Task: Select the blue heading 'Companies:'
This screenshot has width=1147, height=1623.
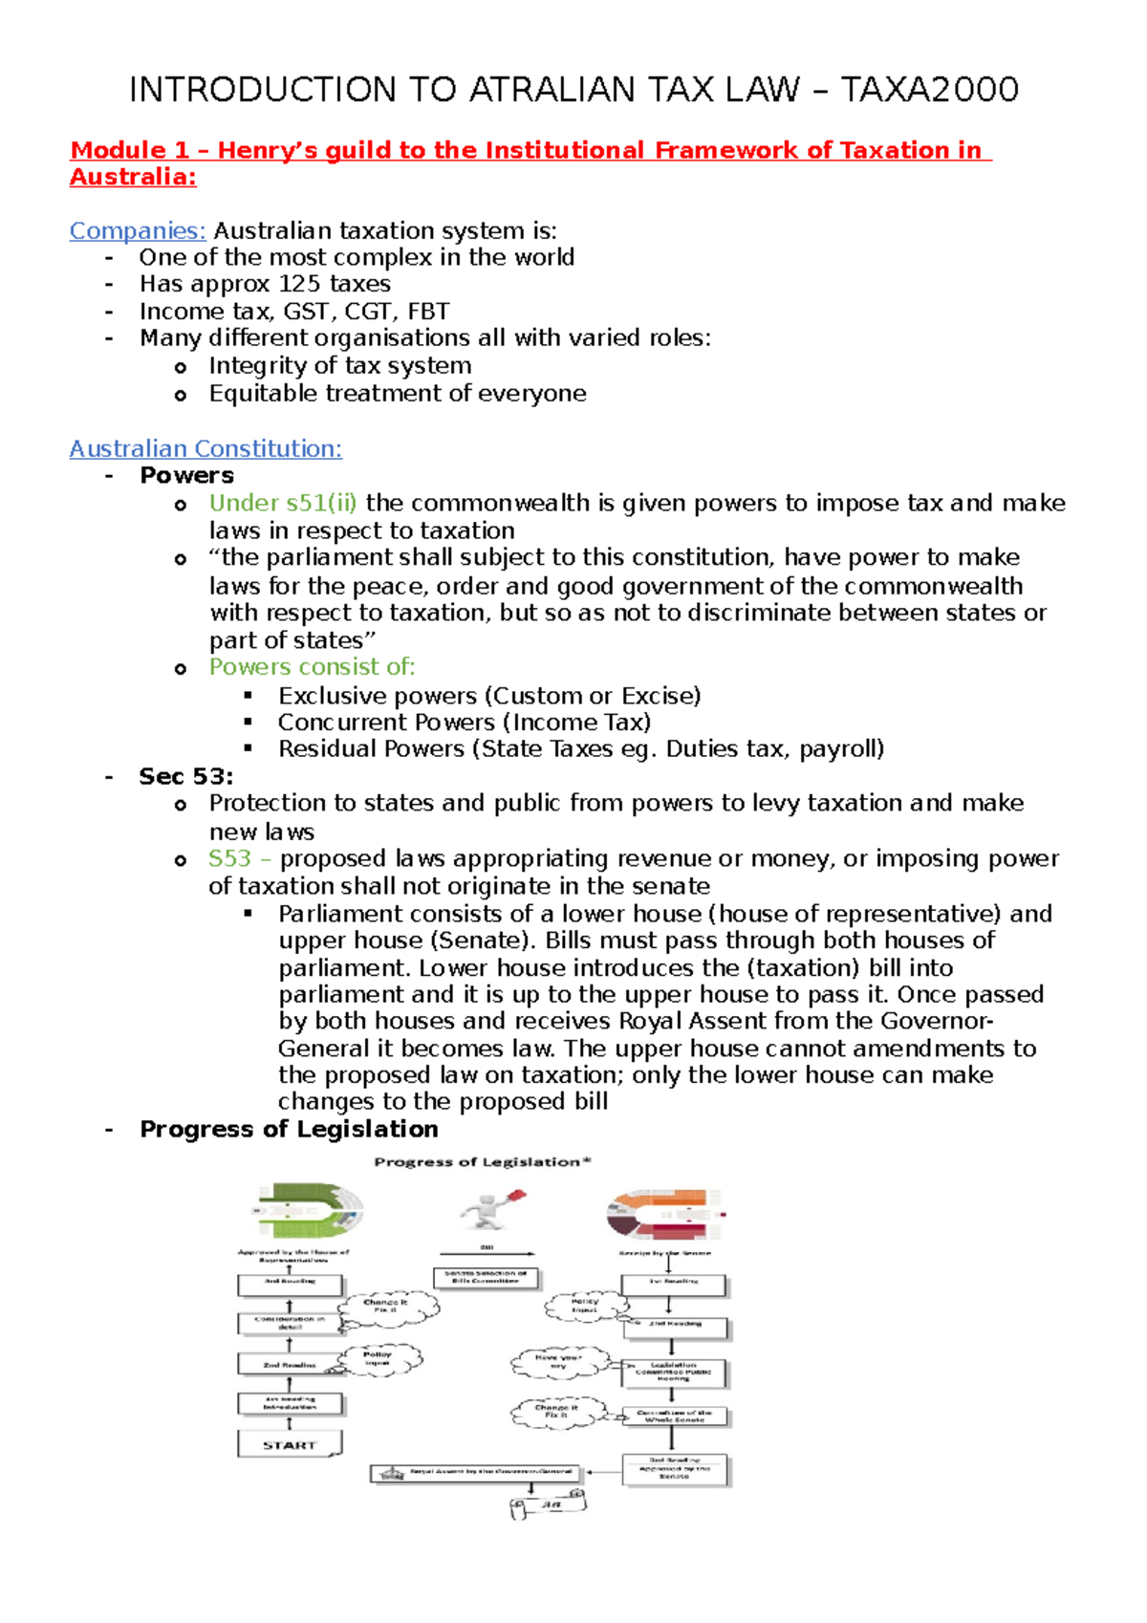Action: [x=138, y=230]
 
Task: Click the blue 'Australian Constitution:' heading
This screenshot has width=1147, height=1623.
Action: [x=206, y=448]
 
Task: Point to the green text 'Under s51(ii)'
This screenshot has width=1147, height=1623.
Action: [x=283, y=503]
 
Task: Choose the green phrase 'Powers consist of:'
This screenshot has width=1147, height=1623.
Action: [x=313, y=666]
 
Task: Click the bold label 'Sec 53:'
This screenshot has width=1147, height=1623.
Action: [x=186, y=776]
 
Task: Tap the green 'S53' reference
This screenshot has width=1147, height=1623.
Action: [x=230, y=858]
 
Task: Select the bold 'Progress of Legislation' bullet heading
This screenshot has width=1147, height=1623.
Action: [x=289, y=1129]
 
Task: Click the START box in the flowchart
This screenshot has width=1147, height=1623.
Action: [x=290, y=1444]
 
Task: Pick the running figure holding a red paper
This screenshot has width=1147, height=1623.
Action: [x=493, y=1209]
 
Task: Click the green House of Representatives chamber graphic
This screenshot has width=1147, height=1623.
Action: [x=309, y=1209]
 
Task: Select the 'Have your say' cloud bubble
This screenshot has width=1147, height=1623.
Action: [x=560, y=1363]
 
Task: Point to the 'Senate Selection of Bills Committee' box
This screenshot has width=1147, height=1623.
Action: [x=486, y=1277]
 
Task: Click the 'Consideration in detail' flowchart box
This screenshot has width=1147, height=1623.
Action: [x=290, y=1323]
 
